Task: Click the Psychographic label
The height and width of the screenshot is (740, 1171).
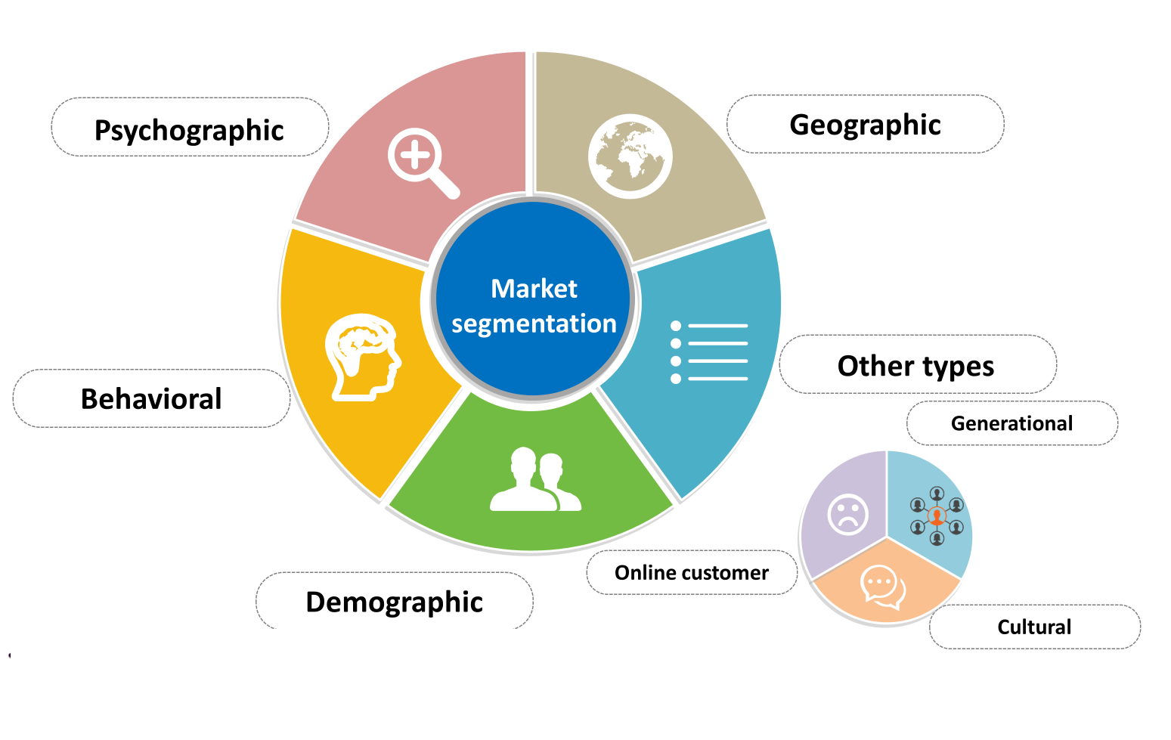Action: pos(189,130)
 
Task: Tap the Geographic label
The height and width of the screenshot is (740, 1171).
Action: pos(865,125)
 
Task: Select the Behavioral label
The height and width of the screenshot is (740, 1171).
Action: pos(151,399)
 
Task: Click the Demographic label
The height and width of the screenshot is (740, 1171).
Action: pos(394,602)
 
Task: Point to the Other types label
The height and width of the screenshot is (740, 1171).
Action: pos(916,366)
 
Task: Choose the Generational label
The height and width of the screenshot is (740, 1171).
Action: pos(1011,423)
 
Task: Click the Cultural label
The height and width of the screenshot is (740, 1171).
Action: pos(1034,627)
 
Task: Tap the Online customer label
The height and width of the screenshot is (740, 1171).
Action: pos(692,573)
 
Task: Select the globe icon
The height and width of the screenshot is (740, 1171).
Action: pos(630,156)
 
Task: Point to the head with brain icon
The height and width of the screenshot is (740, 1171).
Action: pos(363,358)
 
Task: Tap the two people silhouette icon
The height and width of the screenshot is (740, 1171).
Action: pos(535,479)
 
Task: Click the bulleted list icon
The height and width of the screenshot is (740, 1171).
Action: pos(709,352)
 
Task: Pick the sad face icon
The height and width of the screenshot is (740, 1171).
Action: pos(848,515)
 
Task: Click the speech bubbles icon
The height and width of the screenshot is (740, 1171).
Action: pos(883,587)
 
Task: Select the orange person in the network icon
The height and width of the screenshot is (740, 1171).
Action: pos(937,516)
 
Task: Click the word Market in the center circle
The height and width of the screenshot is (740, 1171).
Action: pos(534,289)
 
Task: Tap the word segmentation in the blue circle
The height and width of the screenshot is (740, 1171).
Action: pos(534,324)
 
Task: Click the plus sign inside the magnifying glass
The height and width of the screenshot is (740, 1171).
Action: pos(415,155)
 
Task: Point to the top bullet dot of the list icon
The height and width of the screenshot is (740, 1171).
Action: pos(676,326)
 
